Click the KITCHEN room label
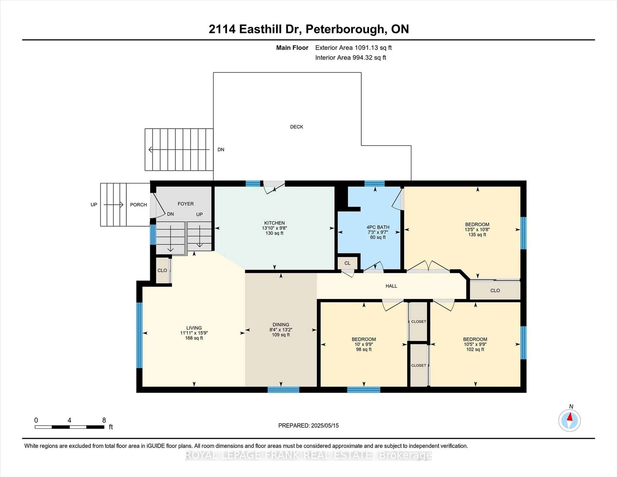(274, 223)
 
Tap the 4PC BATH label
(378, 227)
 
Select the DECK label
(296, 127)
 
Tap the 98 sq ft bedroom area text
(364, 349)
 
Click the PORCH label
(138, 205)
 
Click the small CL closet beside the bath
(347, 263)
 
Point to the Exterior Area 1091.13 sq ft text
(353, 48)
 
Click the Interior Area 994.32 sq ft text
(350, 58)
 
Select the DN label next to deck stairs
(221, 149)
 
